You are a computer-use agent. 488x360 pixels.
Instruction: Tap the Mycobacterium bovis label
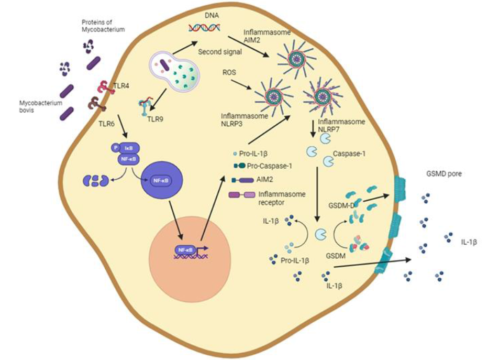point(37,106)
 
